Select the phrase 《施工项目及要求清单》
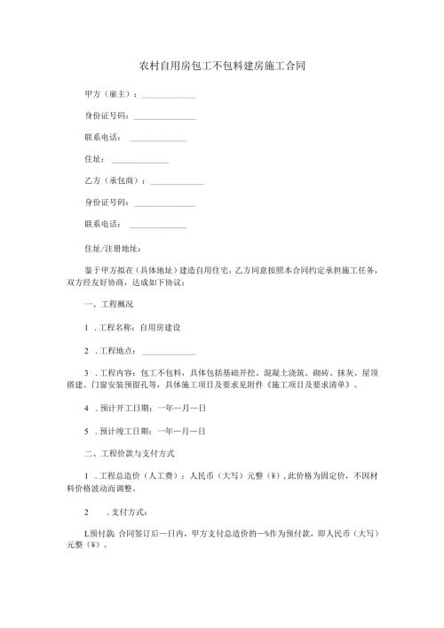point(306,387)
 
